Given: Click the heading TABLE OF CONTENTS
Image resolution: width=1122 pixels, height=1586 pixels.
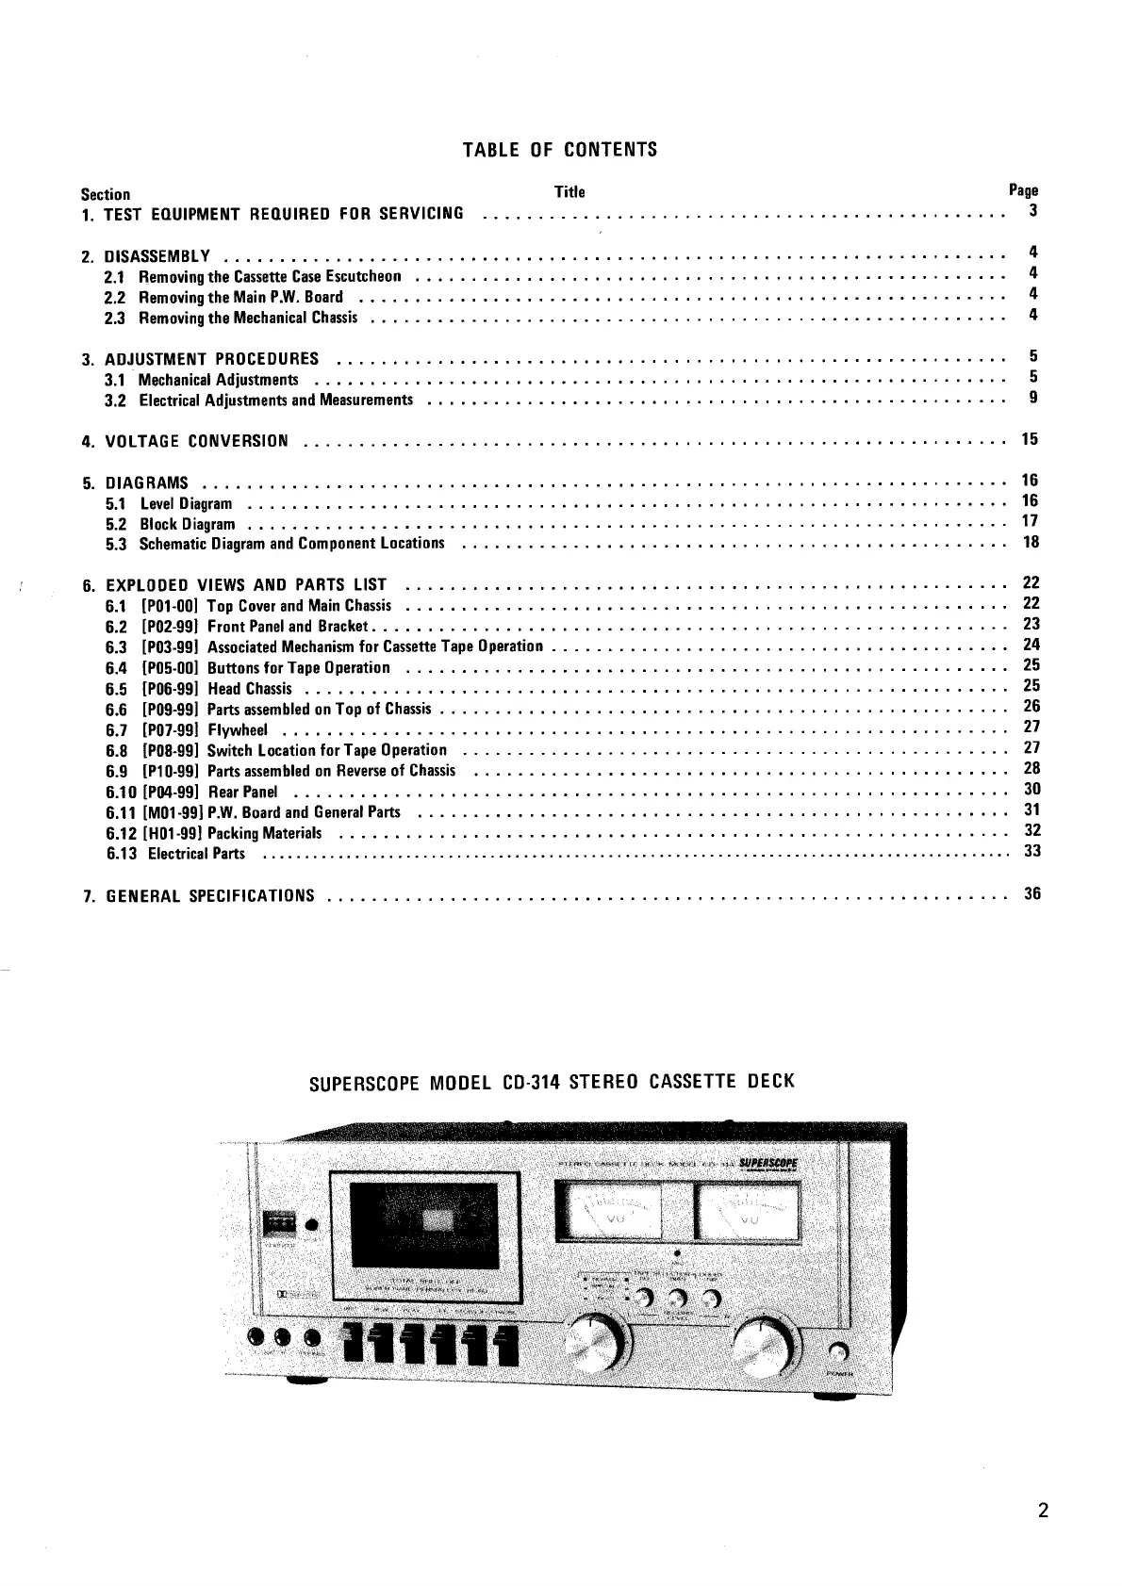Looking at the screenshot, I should click(x=560, y=150).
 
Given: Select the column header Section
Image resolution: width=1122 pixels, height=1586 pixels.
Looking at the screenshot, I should click(x=106, y=194).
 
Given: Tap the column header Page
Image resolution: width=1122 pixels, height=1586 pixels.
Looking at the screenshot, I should click(x=1023, y=190).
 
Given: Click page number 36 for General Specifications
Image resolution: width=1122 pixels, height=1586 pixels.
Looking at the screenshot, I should click(x=1031, y=893).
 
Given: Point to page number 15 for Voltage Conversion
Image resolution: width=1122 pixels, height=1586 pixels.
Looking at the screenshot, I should click(x=1031, y=439).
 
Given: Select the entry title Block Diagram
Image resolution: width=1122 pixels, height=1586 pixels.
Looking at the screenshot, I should click(x=188, y=524).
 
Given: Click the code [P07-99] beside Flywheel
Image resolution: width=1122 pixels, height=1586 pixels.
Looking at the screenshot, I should click(x=170, y=729).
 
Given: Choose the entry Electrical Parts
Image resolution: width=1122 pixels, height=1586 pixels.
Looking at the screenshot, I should click(x=196, y=854).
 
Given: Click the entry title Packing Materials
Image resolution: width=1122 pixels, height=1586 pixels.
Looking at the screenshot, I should click(x=264, y=833).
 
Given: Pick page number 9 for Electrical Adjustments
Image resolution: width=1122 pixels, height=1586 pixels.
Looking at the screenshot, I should click(x=1033, y=398).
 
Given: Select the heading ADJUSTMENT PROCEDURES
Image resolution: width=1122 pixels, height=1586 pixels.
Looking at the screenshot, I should click(x=212, y=359).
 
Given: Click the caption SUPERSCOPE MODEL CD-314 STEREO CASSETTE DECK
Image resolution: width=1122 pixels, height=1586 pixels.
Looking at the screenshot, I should click(x=553, y=1081).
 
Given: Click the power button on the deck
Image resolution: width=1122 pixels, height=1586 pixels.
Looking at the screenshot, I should click(x=836, y=1353).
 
